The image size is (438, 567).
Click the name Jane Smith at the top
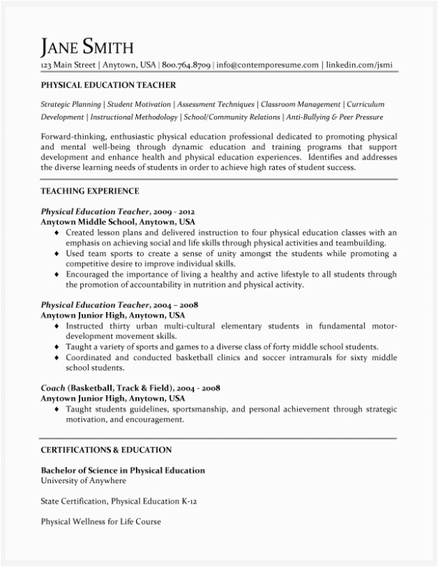(x=87, y=47)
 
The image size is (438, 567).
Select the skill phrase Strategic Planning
(x=71, y=104)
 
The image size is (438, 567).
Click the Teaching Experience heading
(x=89, y=191)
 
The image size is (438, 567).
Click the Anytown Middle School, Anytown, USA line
(x=117, y=223)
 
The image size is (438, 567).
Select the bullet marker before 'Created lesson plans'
(x=57, y=233)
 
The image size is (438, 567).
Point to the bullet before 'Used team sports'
(x=57, y=254)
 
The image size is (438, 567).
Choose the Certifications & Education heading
(x=106, y=450)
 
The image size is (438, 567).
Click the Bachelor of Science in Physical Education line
(x=122, y=470)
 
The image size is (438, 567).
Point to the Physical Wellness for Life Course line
(x=100, y=522)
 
